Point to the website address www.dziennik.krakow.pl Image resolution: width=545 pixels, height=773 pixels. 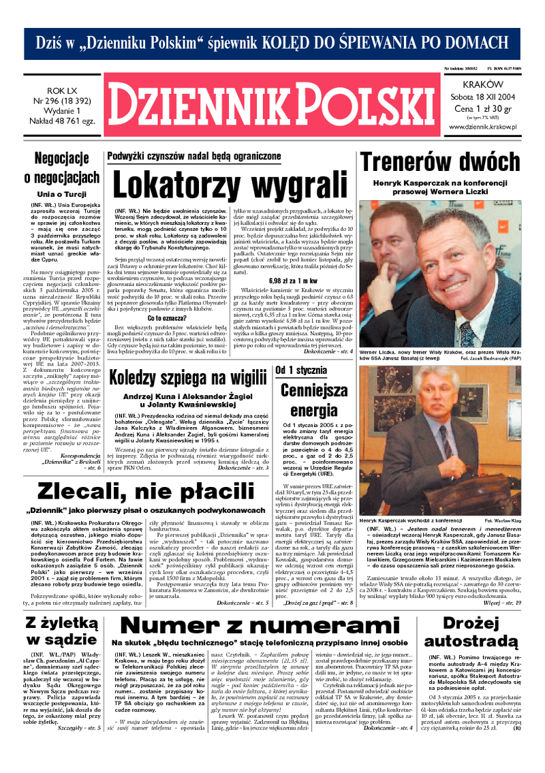(482, 126)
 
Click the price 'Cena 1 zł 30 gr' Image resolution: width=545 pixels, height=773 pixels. (482, 107)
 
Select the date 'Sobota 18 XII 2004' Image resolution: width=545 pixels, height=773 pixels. (482, 96)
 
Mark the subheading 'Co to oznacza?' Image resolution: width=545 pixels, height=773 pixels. (165, 317)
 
